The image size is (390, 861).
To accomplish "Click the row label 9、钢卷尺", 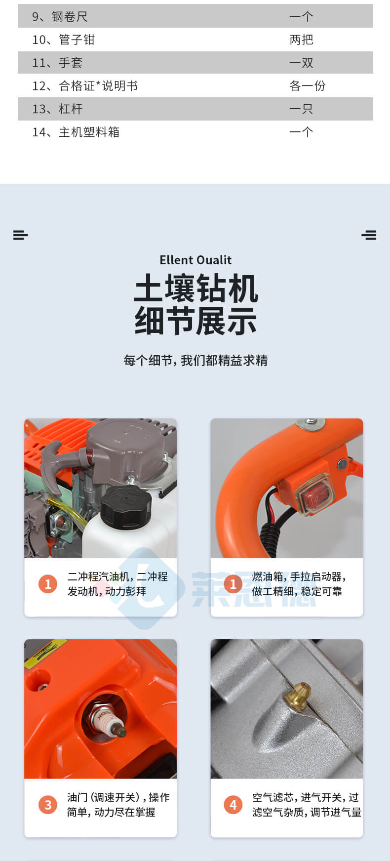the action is pyautogui.click(x=60, y=17).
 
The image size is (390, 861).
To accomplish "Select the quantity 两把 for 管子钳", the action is pyautogui.click(x=301, y=40).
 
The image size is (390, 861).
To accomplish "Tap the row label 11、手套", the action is pyautogui.click(x=57, y=63).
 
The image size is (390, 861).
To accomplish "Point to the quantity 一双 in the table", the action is pyautogui.click(x=301, y=63).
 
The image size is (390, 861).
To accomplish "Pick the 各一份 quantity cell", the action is pyautogui.click(x=307, y=86).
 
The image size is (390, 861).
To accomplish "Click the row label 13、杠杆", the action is pyautogui.click(x=57, y=109).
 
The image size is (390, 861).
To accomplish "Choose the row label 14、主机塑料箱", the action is pyautogui.click(x=76, y=132).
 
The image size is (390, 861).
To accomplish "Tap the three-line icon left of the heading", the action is pyautogui.click(x=21, y=235).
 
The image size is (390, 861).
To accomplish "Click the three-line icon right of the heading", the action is pyautogui.click(x=369, y=235).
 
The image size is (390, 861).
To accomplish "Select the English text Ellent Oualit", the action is pyautogui.click(x=195, y=260).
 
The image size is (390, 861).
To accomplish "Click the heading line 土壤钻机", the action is pyautogui.click(x=196, y=288).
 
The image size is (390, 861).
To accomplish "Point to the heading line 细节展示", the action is pyautogui.click(x=196, y=321).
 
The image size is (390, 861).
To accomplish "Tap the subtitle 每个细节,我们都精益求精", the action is pyautogui.click(x=195, y=361).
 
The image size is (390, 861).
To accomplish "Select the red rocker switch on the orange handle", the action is pyautogui.click(x=314, y=494).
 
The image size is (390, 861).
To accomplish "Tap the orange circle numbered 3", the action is pyautogui.click(x=48, y=805).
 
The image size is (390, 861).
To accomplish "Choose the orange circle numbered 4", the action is pyautogui.click(x=233, y=805).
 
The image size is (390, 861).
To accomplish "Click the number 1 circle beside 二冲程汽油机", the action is pyautogui.click(x=48, y=584).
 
